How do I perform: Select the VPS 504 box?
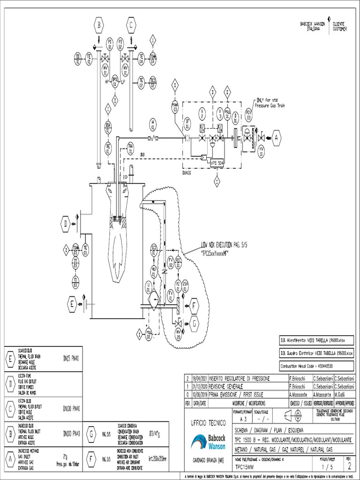tap(217, 162)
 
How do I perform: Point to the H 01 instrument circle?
tap(152, 124)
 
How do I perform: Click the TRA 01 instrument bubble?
tap(131, 149)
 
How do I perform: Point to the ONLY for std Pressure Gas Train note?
tap(270, 103)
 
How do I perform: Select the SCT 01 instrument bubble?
tap(154, 248)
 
